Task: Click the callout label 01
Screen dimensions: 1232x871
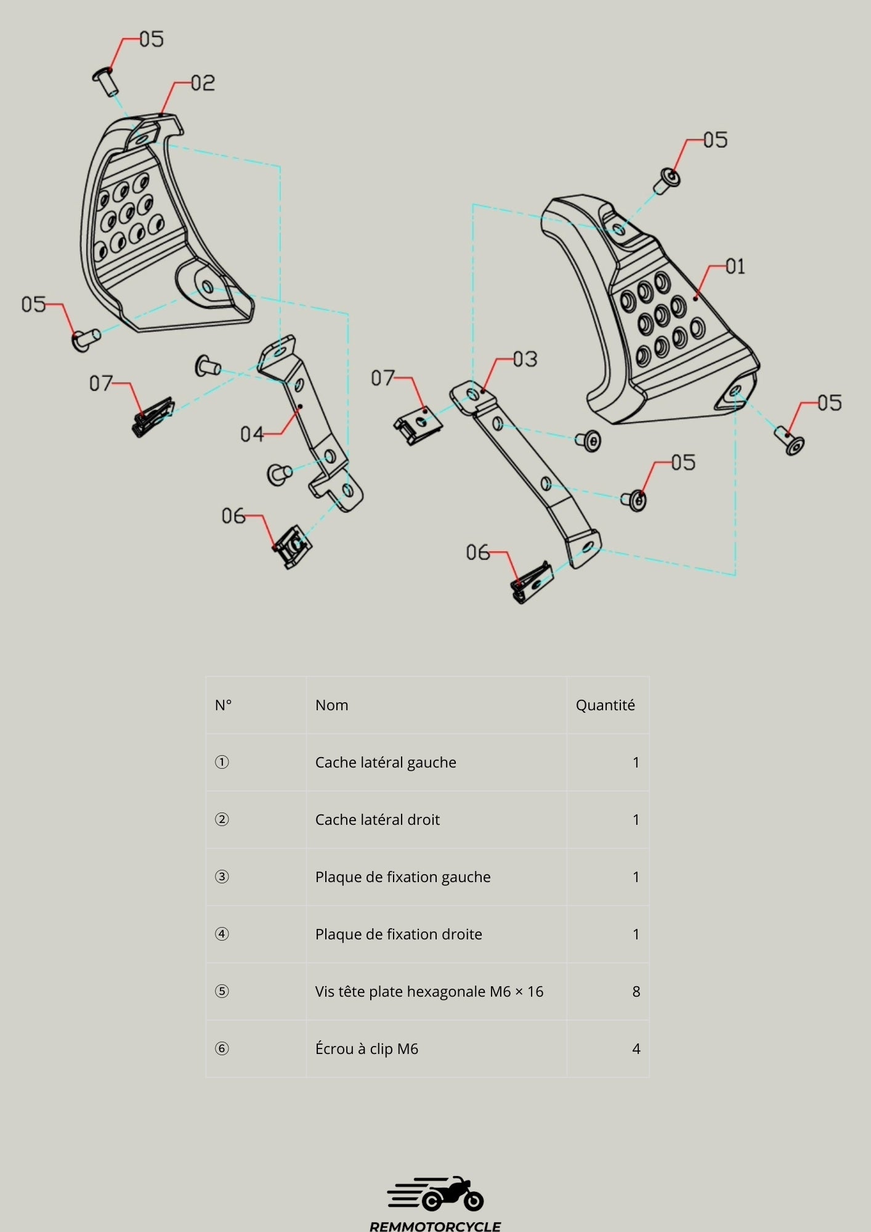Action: [735, 267]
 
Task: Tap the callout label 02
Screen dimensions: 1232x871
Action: [203, 83]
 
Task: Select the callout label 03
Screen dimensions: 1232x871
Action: [525, 359]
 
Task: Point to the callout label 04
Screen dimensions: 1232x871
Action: [251, 435]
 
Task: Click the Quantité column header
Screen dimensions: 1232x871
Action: [605, 705]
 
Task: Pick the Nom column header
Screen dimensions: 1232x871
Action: [331, 705]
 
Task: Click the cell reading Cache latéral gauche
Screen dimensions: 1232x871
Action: [386, 763]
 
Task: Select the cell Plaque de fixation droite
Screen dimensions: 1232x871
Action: [399, 934]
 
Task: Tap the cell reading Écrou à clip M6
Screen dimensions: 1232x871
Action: [367, 1049]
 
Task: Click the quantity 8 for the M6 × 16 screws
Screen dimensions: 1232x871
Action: [636, 992]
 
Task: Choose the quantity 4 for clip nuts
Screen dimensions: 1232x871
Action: [636, 1049]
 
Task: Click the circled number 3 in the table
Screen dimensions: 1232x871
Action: [222, 877]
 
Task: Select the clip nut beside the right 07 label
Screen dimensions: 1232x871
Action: [418, 425]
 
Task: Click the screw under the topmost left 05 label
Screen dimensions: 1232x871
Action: [106, 81]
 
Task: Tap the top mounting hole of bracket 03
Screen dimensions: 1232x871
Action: [472, 392]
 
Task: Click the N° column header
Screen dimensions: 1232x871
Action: [223, 705]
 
